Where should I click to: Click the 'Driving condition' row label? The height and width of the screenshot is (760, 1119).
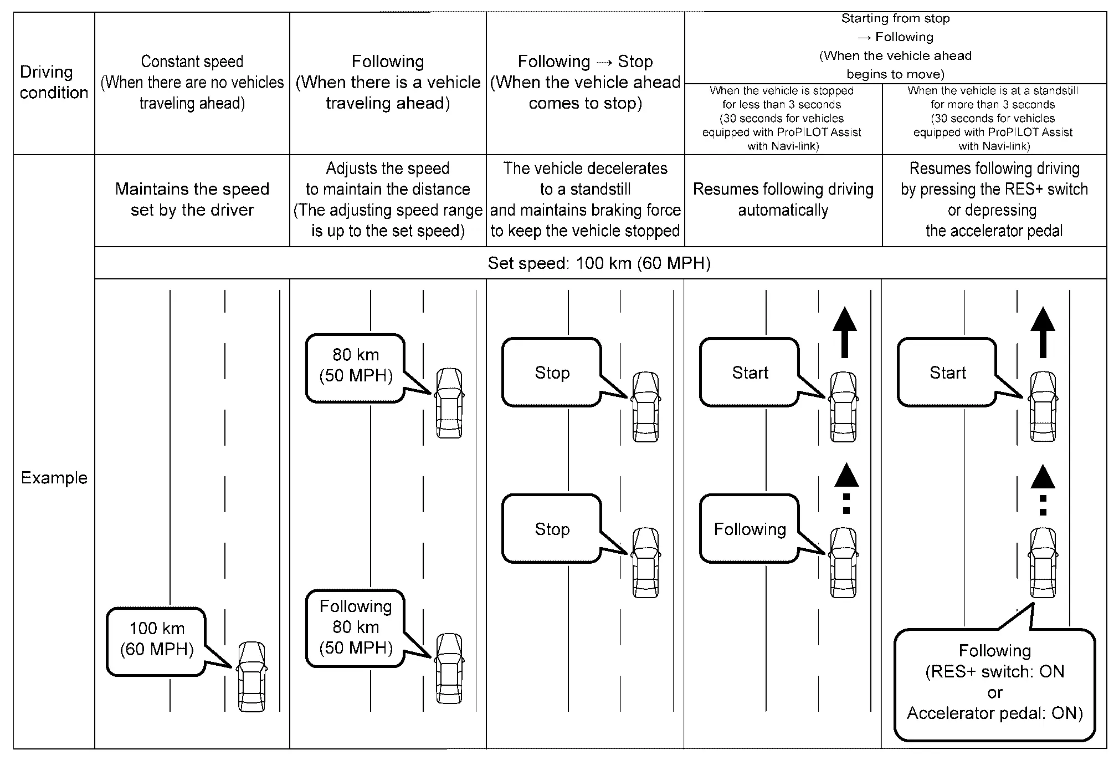pyautogui.click(x=54, y=82)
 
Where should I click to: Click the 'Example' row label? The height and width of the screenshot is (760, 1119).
pyautogui.click(x=54, y=478)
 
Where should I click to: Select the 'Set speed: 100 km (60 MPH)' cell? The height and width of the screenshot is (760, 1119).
pyautogui.click(x=599, y=263)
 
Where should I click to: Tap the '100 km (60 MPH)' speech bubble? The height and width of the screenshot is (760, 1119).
pyautogui.click(x=157, y=641)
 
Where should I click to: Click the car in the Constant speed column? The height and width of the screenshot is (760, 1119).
pyautogui.click(x=252, y=676)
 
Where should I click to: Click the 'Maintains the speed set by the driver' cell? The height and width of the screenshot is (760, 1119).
pyautogui.click(x=192, y=200)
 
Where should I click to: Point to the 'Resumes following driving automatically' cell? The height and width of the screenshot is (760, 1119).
pyautogui.click(x=783, y=200)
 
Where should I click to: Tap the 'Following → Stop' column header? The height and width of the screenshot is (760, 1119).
pyautogui.click(x=586, y=82)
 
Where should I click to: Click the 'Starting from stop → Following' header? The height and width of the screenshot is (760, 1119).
pyautogui.click(x=895, y=47)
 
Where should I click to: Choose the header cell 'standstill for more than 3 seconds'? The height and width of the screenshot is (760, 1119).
pyautogui.click(x=993, y=118)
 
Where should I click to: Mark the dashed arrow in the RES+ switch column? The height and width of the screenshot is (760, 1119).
pyautogui.click(x=1043, y=490)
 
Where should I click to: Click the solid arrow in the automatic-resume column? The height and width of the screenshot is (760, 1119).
pyautogui.click(x=844, y=332)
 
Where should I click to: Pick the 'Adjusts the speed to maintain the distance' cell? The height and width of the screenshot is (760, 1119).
pyautogui.click(x=388, y=200)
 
